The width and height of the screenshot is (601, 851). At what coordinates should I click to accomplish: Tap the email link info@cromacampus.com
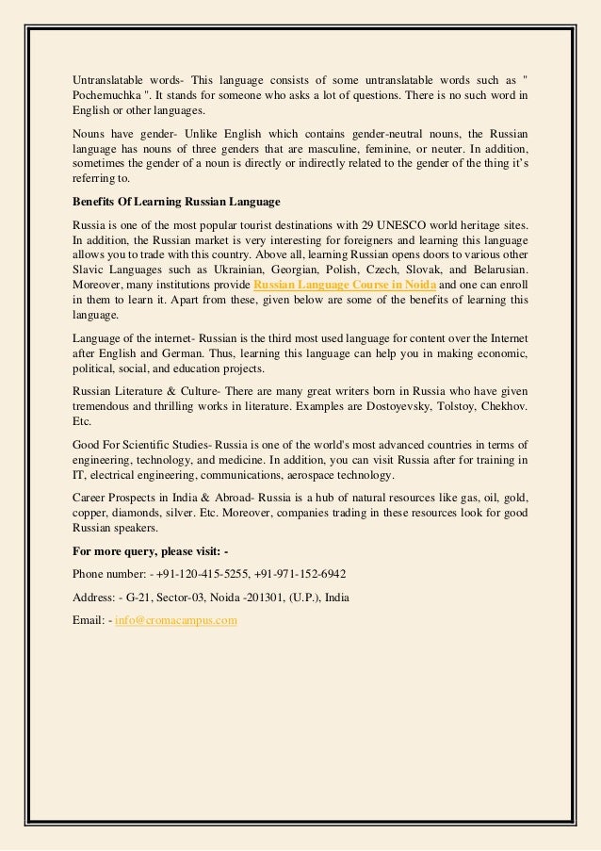pos(176,620)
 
